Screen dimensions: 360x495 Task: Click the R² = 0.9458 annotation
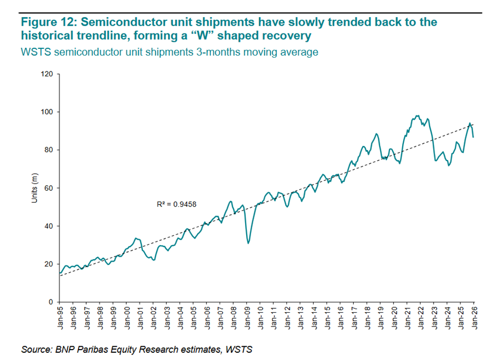click(177, 204)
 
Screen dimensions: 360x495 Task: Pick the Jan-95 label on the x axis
click(60, 318)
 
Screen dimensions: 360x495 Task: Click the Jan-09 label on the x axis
click(247, 318)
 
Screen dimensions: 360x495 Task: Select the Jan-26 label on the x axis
click(474, 318)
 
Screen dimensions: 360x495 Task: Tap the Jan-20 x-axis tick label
click(393, 318)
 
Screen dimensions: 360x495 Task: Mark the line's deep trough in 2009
click(248, 242)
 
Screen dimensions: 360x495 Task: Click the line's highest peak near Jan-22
click(418, 116)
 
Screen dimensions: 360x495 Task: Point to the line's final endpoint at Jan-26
click(474, 137)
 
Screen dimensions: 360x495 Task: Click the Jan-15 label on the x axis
click(327, 318)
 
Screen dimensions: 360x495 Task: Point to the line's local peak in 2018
click(376, 134)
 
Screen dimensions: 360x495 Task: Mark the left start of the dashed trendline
click(60, 275)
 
